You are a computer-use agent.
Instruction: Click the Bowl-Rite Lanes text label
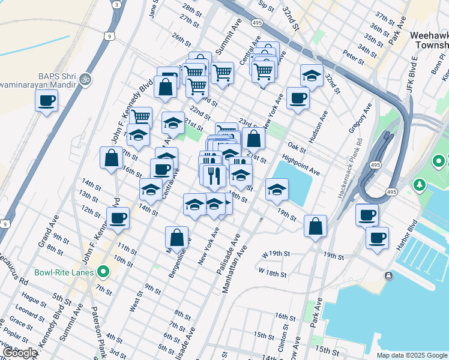tap(64, 272)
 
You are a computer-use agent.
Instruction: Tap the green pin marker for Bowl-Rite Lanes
tap(103, 272)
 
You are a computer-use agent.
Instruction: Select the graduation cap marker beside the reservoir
tap(277, 189)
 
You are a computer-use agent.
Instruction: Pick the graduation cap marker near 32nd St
tap(312, 75)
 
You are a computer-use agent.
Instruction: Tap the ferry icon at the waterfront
tap(389, 275)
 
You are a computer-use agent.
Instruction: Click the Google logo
tap(20, 353)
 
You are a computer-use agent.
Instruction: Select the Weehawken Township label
tap(429, 40)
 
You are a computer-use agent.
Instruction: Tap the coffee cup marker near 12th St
tap(118, 218)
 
